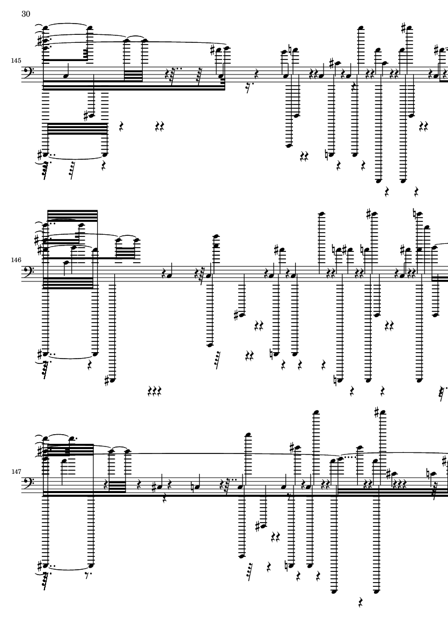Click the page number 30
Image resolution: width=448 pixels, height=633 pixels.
coord(26,14)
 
